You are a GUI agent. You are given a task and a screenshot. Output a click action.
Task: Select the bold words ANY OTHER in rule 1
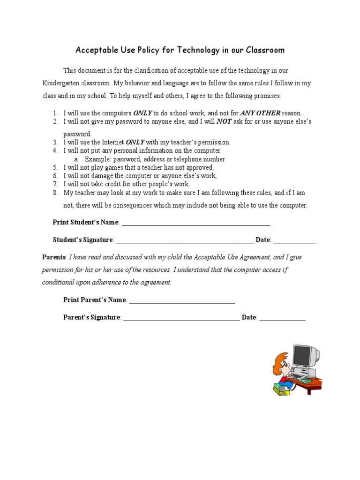(x=260, y=113)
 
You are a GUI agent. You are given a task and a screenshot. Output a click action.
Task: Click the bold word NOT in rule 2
(x=224, y=121)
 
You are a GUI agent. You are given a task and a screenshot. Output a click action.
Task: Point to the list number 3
(x=55, y=142)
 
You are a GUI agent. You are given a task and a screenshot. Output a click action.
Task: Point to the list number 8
(x=55, y=193)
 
